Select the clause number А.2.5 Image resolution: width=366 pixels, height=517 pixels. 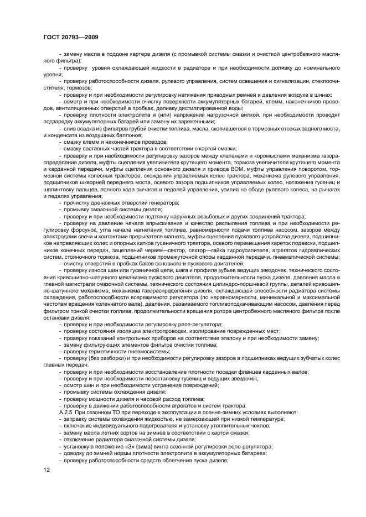coord(68,412)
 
